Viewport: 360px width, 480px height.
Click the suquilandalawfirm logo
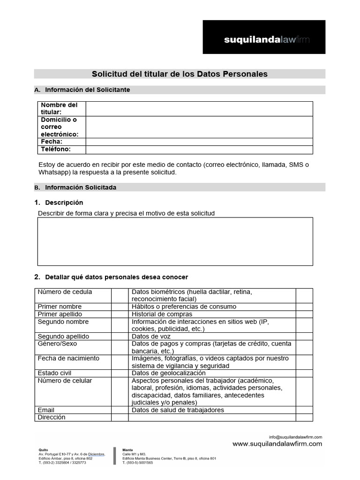click(x=264, y=37)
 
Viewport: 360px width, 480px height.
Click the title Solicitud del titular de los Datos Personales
click(x=180, y=74)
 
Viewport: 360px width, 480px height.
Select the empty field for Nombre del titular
click(x=199, y=108)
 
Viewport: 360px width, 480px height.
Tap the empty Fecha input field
click(x=199, y=142)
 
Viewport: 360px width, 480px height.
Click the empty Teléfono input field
click(x=199, y=150)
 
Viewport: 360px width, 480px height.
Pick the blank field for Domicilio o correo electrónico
click(x=199, y=127)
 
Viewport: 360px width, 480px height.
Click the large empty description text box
click(x=175, y=241)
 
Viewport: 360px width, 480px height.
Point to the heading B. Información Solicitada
click(x=81, y=187)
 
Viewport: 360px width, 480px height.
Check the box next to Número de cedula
click(x=120, y=295)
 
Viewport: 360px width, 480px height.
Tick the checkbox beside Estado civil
click(x=120, y=373)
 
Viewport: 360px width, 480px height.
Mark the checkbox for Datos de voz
click(x=304, y=336)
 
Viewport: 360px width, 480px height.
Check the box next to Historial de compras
click(x=304, y=314)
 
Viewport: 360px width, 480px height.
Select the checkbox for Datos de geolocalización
click(x=304, y=373)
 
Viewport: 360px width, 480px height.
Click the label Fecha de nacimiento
click(x=68, y=359)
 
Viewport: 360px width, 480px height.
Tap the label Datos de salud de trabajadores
click(x=178, y=410)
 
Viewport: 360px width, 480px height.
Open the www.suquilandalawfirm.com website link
click(x=277, y=444)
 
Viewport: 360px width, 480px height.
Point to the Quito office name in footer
click(x=43, y=450)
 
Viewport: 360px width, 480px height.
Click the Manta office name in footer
click(x=127, y=450)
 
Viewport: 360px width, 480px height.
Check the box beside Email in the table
click(x=120, y=410)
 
